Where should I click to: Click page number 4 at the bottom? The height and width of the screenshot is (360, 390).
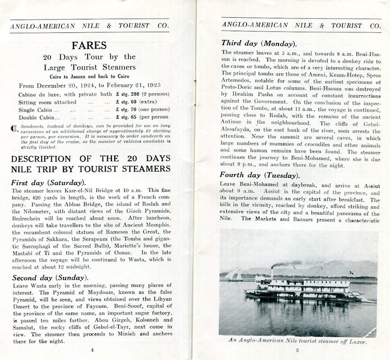92,349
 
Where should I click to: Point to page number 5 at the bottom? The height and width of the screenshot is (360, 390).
298,349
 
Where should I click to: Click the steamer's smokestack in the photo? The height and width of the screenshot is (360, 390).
272,271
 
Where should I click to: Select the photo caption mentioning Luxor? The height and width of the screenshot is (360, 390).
298,340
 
